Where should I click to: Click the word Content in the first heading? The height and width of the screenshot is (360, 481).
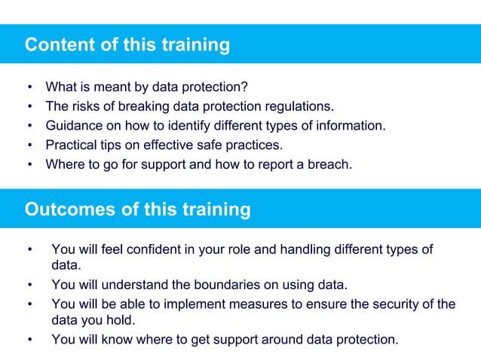[58, 45]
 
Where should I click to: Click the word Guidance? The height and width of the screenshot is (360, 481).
[73, 126]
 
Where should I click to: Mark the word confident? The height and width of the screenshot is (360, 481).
[154, 249]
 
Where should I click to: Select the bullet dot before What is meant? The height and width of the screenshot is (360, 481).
[29, 87]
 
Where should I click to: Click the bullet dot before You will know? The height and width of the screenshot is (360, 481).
[29, 340]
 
